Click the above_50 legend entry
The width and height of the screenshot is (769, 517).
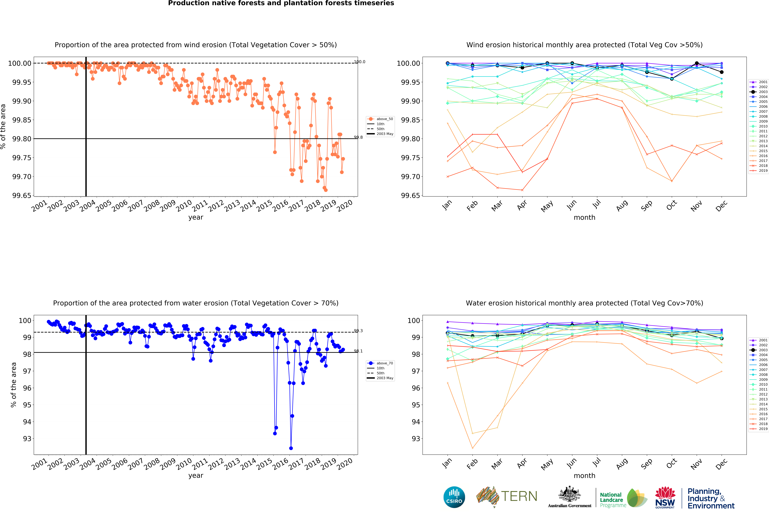(x=381, y=119)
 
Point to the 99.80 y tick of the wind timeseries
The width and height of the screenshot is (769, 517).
(x=22, y=139)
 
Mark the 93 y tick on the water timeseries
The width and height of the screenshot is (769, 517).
(x=27, y=439)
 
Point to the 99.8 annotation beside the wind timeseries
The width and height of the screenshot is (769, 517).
(x=358, y=137)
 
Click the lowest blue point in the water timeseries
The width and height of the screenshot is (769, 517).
(x=291, y=448)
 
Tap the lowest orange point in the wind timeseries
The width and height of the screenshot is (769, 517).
(x=326, y=190)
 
